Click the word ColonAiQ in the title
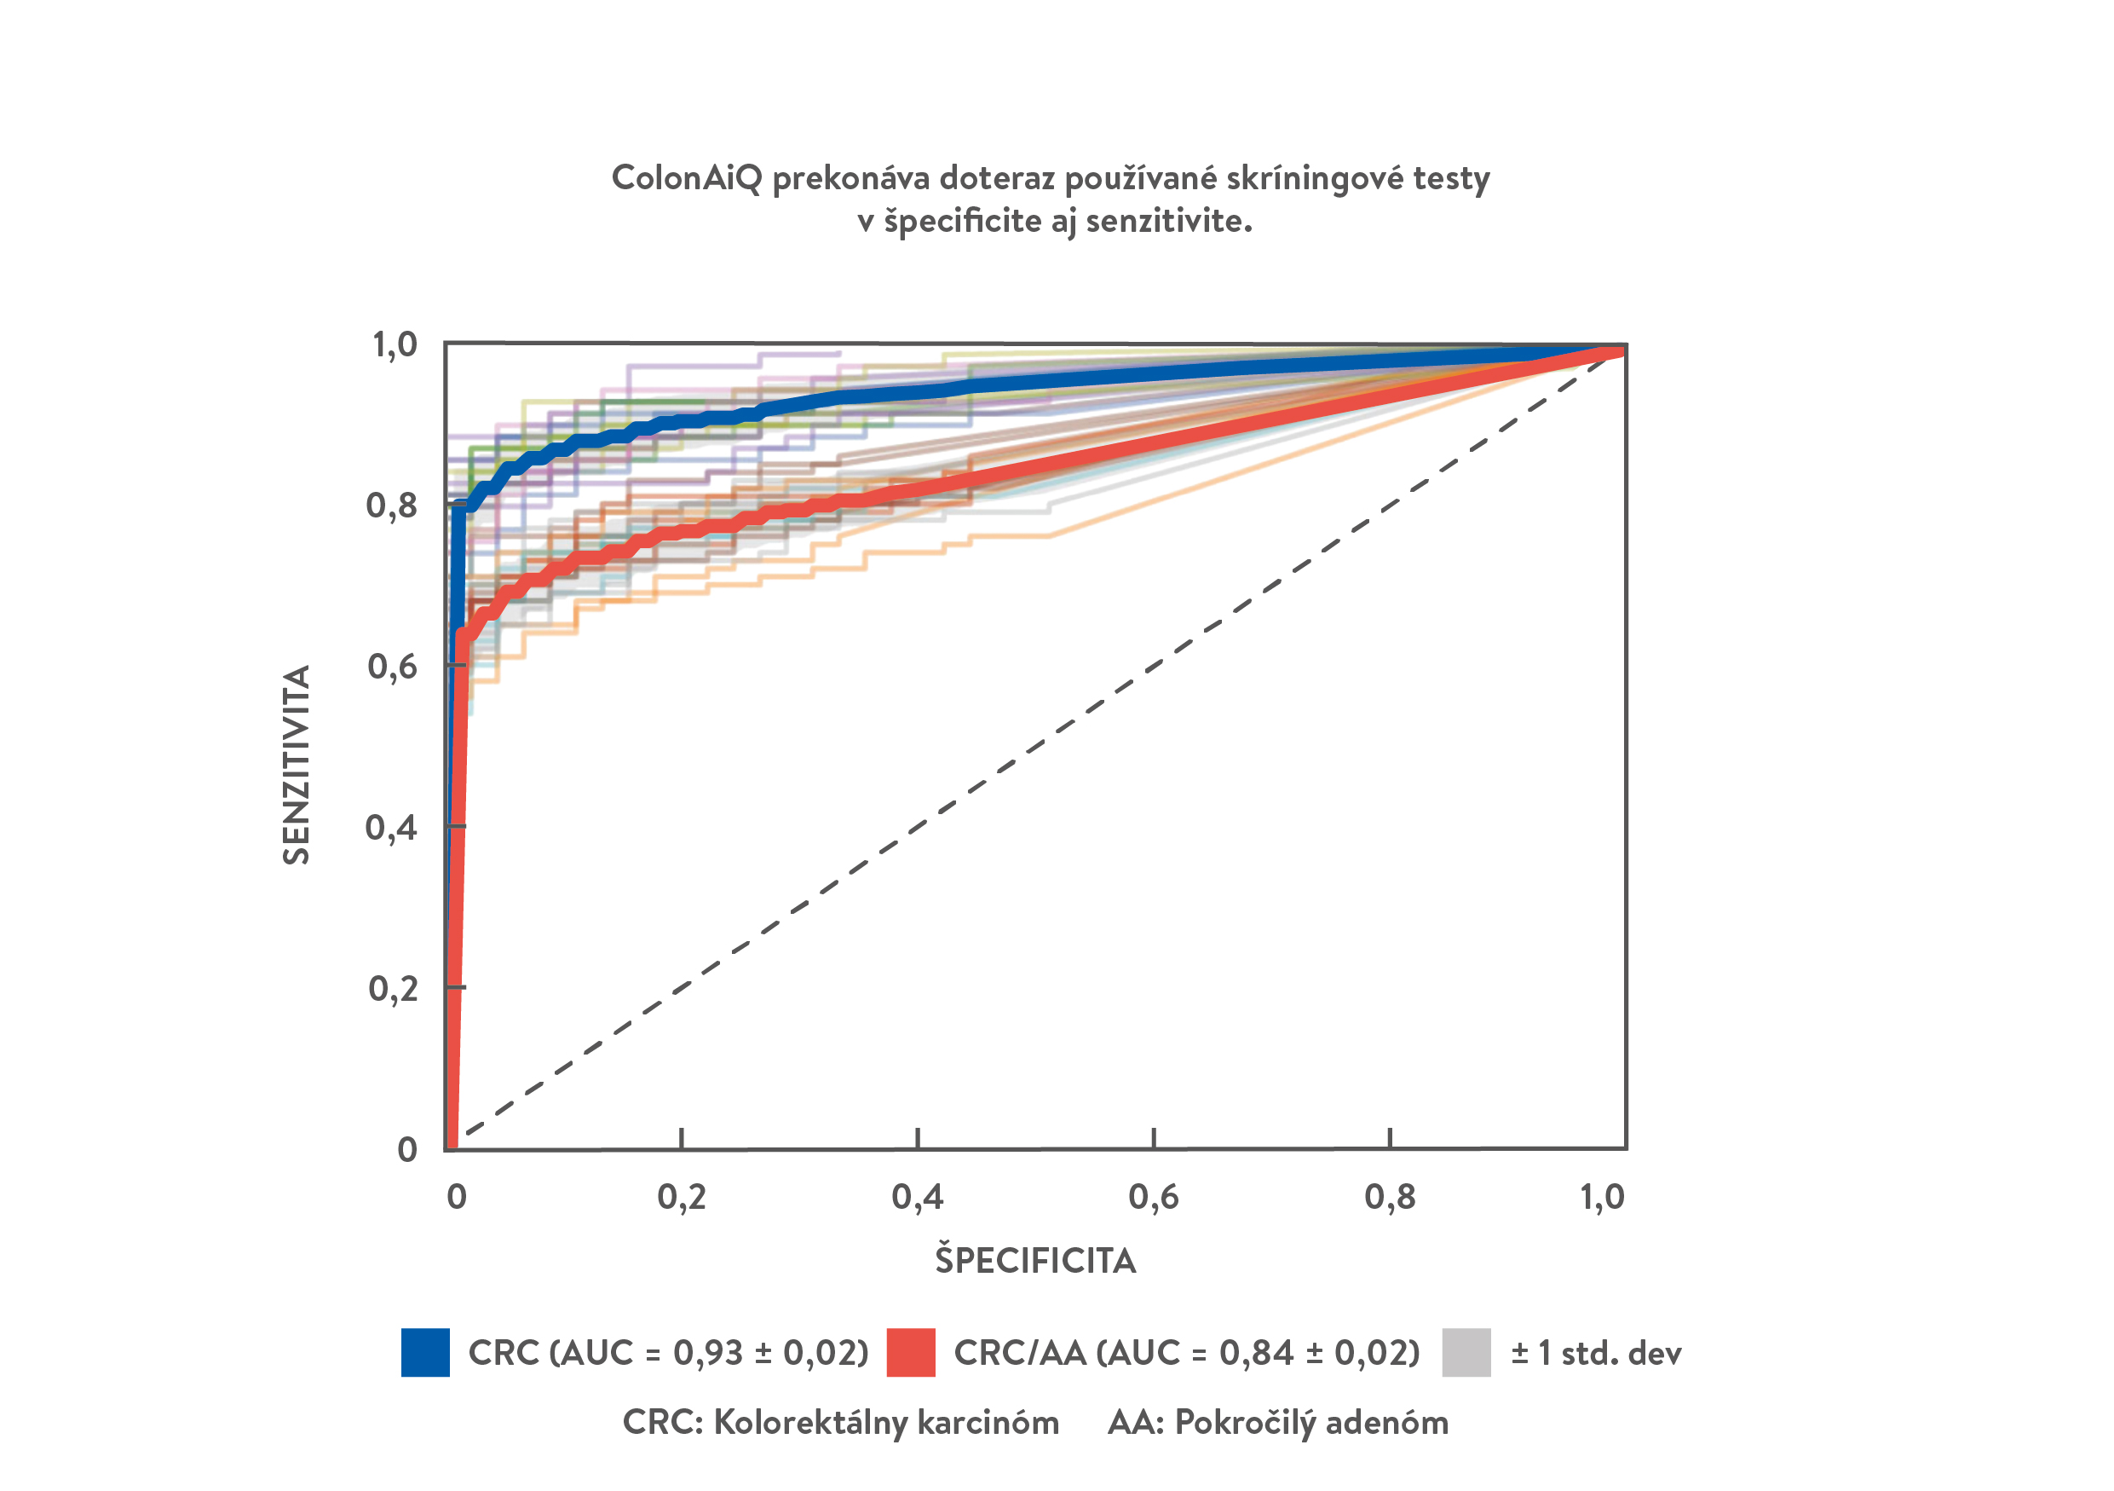(x=686, y=177)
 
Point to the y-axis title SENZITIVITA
(x=297, y=765)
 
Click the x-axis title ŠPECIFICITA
(x=1036, y=1261)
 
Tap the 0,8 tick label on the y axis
(x=391, y=506)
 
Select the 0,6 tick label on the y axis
(x=392, y=667)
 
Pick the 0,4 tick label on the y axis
(x=391, y=828)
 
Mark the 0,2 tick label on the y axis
(x=392, y=989)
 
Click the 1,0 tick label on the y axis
(x=394, y=345)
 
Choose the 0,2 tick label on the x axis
(x=682, y=1197)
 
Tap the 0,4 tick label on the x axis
(x=917, y=1197)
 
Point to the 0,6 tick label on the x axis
(x=1154, y=1197)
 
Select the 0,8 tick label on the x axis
(x=1390, y=1197)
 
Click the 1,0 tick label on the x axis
(x=1603, y=1197)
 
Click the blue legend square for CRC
(x=425, y=1352)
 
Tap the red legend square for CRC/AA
(x=911, y=1352)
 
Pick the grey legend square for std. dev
(x=1466, y=1352)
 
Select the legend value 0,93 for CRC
(x=707, y=1353)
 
